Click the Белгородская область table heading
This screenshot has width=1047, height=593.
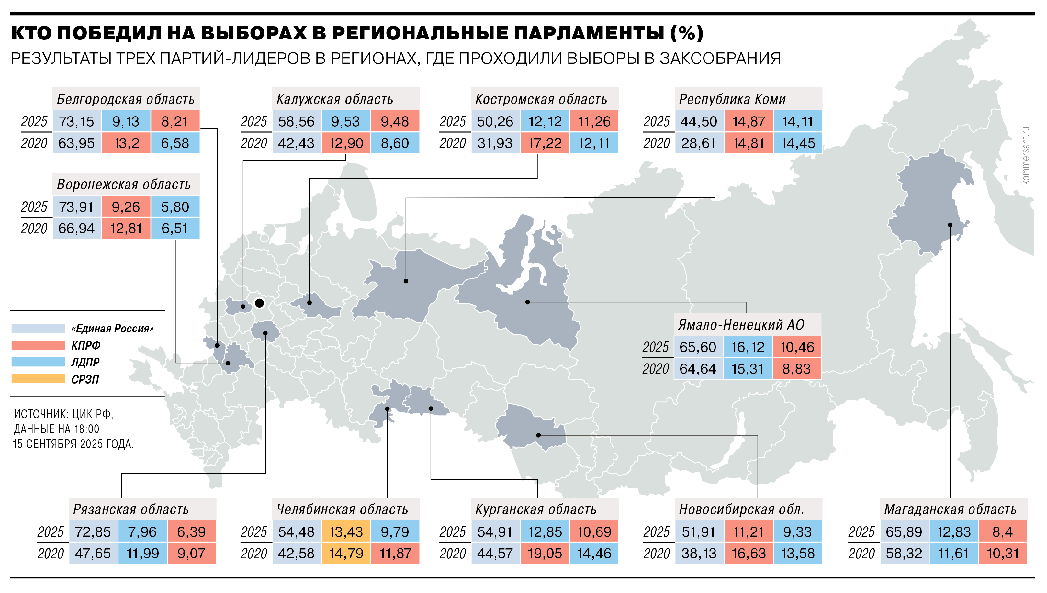point(126,99)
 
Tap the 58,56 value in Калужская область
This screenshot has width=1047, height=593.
point(297,121)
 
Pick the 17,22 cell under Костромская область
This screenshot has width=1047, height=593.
point(545,143)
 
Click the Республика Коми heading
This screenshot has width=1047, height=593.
point(732,99)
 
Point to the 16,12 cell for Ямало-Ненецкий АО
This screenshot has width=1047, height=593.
point(747,347)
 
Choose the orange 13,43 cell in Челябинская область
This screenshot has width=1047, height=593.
point(346,531)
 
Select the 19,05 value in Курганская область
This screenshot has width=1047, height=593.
point(545,553)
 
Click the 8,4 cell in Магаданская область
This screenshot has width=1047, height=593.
point(1002,531)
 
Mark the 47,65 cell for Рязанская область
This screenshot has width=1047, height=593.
point(93,553)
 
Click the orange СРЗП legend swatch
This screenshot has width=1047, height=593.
point(38,379)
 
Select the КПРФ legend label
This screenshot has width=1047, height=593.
point(86,345)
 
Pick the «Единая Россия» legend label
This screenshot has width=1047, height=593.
point(112,329)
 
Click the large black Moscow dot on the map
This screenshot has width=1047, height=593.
point(259,303)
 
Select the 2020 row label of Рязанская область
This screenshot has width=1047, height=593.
point(51,553)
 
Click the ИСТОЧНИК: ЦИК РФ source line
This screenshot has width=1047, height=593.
point(63,414)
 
